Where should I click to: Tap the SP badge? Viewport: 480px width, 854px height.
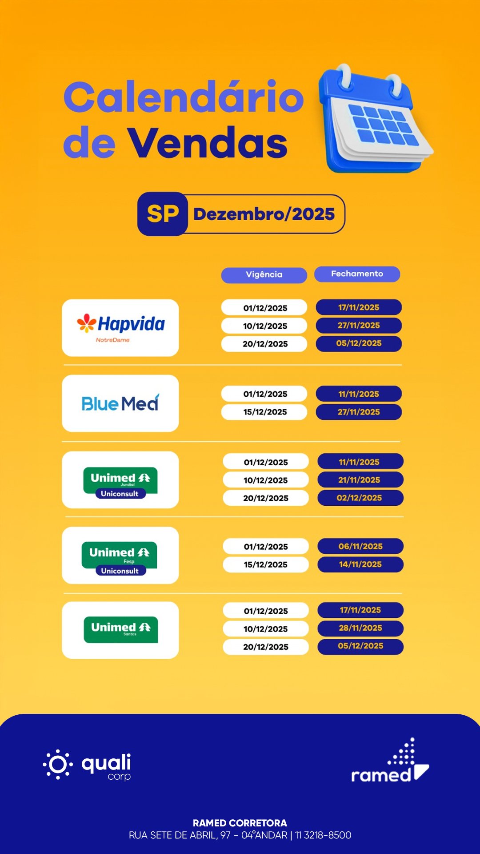163,214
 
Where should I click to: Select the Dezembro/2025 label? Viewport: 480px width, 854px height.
264,214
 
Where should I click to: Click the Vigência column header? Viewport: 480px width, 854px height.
264,275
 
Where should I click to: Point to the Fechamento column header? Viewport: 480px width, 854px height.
357,274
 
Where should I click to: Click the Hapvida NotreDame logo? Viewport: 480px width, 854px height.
120,328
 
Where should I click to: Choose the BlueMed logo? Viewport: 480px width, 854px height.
120,403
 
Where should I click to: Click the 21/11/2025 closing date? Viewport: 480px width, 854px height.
360,480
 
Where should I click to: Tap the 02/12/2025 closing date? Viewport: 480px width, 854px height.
360,498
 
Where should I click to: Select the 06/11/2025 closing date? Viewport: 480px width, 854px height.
360,546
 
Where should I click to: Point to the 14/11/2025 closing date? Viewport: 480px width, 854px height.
360,564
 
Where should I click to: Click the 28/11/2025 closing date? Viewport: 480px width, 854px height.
360,628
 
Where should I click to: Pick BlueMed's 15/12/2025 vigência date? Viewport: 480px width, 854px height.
264,412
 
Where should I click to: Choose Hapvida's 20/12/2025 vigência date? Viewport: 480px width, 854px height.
264,344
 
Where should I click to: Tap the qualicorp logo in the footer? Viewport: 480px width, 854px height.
87,765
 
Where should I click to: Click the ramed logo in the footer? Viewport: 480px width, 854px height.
390,761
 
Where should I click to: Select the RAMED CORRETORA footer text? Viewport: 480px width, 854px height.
240,823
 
